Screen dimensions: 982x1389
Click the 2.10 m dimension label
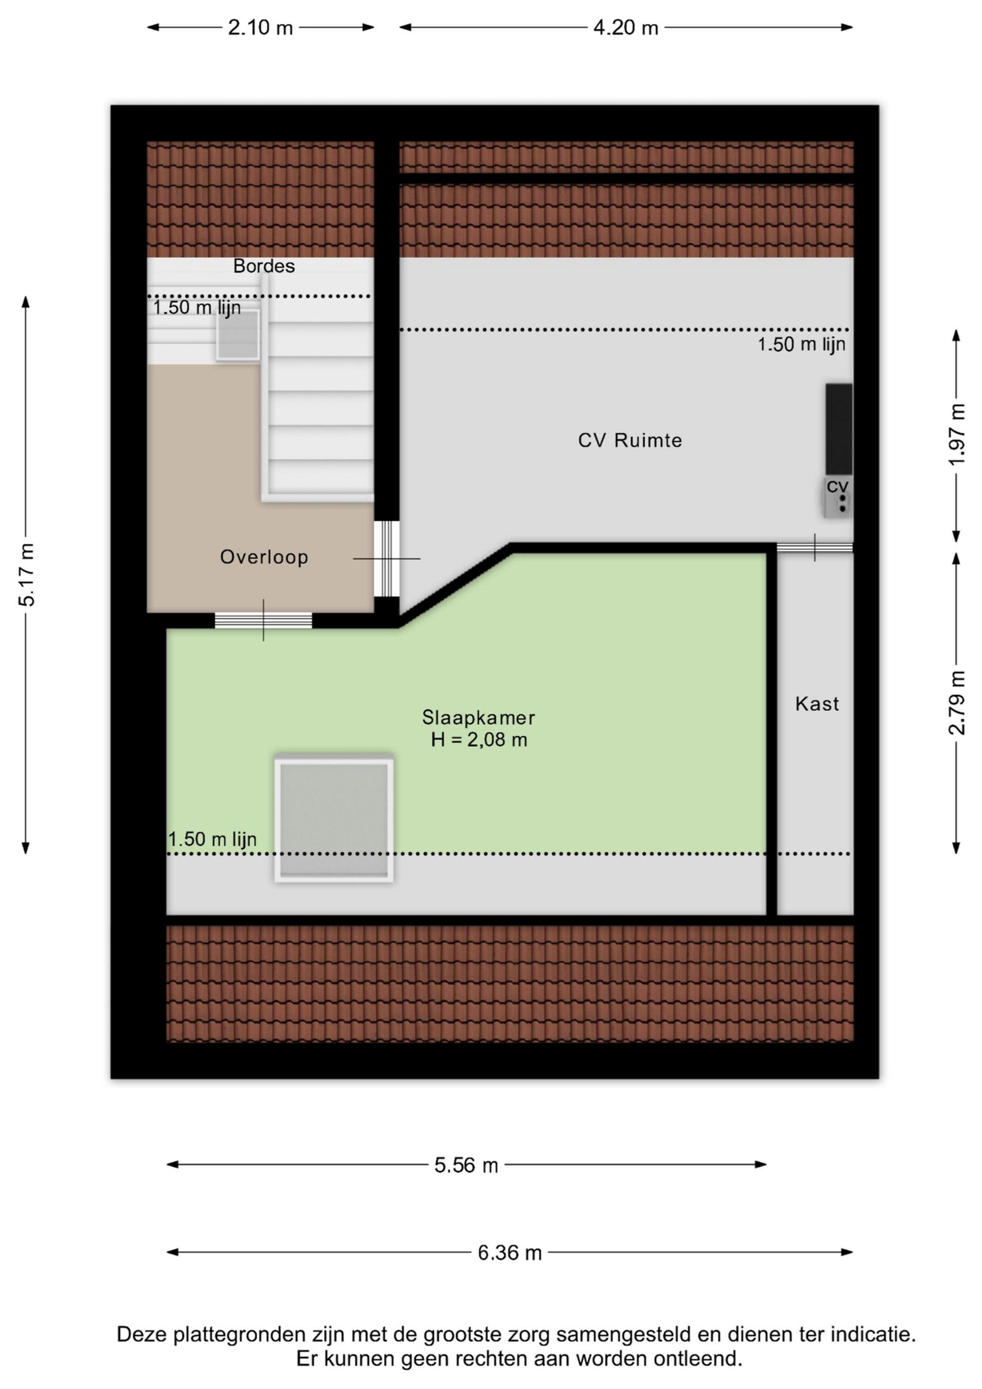click(260, 28)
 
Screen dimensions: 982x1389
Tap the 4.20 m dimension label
click(626, 28)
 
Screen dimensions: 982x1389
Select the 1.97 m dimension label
click(957, 434)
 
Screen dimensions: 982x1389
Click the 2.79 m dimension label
click(957, 702)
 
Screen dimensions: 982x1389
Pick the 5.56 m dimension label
click(466, 1165)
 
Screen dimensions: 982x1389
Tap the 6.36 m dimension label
click(510, 1252)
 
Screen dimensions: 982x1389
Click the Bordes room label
click(264, 266)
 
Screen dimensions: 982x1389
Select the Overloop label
click(264, 557)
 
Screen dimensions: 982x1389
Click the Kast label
click(817, 704)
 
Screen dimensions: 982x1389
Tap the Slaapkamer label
click(479, 718)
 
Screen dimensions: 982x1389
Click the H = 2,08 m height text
click(479, 740)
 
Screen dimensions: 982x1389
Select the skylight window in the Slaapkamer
click(334, 819)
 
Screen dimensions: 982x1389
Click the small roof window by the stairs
click(238, 335)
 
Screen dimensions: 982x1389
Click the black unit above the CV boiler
click(839, 429)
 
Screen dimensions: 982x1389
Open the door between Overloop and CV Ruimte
click(386, 558)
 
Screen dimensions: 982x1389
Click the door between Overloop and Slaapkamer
click(263, 620)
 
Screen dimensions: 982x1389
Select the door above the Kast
click(814, 547)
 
